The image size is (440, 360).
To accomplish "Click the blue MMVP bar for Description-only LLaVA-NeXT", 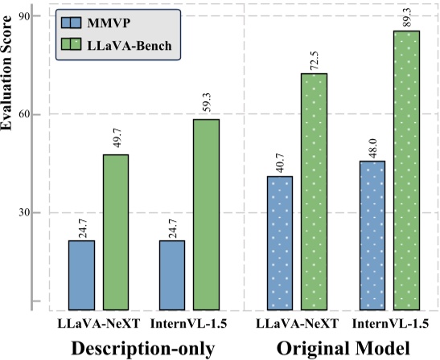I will point(81,275).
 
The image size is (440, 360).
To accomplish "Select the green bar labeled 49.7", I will point(115,231).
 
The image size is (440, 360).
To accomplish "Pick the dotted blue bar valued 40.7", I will point(280,243).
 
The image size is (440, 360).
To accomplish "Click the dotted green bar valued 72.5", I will point(314,191).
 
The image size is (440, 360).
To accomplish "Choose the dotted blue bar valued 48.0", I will point(372,235).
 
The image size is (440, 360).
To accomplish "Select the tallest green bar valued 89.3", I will point(405,170).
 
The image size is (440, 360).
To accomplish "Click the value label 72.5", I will point(315,59).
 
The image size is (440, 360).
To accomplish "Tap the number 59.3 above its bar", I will point(208,104).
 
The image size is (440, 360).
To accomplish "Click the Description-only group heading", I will point(144,348).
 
